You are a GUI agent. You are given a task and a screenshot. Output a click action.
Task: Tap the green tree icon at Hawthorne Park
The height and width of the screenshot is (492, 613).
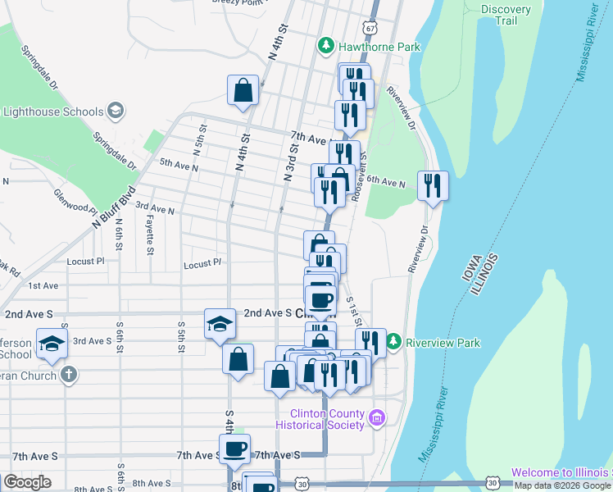point(326,46)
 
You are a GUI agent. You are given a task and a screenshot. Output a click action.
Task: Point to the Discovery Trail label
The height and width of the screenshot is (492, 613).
point(506,16)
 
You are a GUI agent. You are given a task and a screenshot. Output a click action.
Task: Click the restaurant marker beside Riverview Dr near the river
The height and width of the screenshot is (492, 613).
point(433,185)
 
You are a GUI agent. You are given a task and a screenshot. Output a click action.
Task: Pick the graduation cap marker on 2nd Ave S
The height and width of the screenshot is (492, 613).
point(218,323)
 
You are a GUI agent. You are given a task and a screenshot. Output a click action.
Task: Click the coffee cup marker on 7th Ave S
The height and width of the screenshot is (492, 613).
point(234,449)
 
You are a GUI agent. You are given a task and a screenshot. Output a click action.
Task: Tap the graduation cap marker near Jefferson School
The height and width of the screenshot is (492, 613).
point(52,344)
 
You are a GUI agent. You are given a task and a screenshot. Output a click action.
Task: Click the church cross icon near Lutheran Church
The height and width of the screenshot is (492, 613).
point(69,376)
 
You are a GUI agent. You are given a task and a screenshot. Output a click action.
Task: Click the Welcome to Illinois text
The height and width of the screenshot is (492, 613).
point(561,472)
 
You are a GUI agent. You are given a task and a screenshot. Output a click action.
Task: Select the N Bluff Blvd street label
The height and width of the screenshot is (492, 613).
point(113,210)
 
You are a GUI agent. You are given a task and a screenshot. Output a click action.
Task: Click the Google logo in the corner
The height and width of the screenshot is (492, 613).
point(27,482)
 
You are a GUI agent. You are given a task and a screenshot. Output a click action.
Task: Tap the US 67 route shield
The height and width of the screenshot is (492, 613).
point(371,27)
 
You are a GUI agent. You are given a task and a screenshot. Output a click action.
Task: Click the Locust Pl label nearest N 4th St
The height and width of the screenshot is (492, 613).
point(202,264)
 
